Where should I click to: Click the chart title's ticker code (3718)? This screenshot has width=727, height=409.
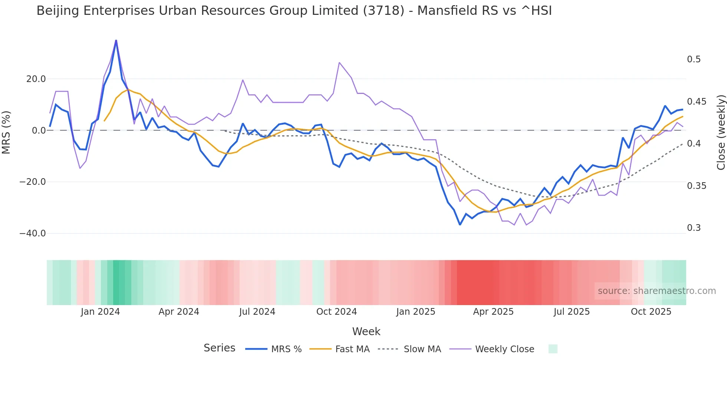tap(384, 11)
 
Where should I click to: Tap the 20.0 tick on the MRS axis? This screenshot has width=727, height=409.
tap(36, 79)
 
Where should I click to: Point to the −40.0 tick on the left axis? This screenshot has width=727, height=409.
tap(33, 233)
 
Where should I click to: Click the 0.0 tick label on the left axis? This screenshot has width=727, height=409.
tap(39, 131)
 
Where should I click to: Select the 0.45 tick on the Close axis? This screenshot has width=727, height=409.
tap(697, 102)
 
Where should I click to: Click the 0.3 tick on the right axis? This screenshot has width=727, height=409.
tap(694, 228)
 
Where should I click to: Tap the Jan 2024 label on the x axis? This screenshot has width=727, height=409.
tap(100, 312)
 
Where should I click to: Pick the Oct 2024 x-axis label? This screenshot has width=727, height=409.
tap(336, 312)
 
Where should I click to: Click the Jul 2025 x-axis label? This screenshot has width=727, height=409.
tap(572, 312)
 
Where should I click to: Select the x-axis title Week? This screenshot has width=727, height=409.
tap(366, 331)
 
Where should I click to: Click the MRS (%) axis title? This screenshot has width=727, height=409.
tap(6, 132)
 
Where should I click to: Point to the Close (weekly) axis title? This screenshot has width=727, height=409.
tap(721, 132)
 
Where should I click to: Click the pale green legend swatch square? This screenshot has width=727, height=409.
tap(553, 349)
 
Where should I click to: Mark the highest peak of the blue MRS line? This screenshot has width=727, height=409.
tap(116, 40)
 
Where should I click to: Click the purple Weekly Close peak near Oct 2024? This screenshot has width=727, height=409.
tap(339, 63)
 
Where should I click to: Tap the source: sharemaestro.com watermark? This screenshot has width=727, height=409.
tap(657, 291)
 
